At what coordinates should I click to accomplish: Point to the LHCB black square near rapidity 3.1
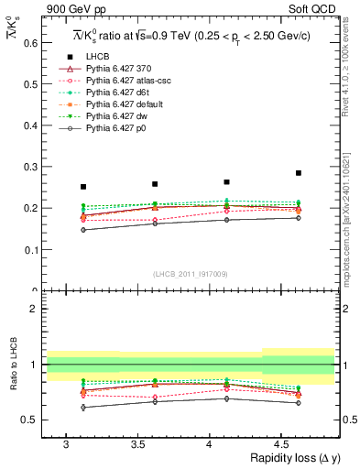pos(83,187)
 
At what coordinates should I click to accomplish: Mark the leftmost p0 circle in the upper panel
pos(83,230)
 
